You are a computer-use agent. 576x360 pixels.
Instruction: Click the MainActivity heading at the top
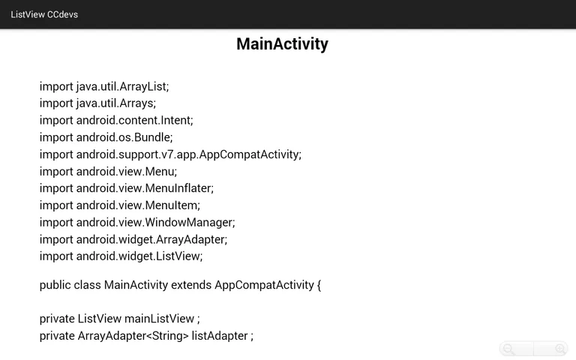coord(282,43)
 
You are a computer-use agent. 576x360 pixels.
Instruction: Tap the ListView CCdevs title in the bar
coord(44,14)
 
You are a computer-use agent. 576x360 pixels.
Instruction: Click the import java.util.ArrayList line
coord(104,86)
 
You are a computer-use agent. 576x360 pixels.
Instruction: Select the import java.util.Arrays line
coord(97,103)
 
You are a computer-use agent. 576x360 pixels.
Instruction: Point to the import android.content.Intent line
coord(116,120)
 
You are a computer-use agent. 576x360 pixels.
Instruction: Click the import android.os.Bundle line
coord(106,137)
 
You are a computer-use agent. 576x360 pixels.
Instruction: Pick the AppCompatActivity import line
coord(170,154)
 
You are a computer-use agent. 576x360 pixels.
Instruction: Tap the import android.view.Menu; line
coord(108,172)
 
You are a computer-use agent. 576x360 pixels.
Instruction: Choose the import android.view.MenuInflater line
coord(127,188)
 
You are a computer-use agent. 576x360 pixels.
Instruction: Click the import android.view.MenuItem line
coord(120,205)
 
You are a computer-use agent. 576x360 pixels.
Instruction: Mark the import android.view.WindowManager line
coord(137,223)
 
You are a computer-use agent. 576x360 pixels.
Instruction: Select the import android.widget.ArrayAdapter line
coord(133,239)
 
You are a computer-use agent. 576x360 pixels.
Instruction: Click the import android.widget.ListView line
coord(121,256)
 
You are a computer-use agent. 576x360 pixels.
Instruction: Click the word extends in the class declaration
coord(191,285)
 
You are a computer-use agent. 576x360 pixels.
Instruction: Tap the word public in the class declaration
coord(55,285)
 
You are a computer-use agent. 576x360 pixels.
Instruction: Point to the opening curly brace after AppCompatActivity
coord(319,286)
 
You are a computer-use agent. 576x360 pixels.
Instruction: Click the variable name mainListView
coord(159,319)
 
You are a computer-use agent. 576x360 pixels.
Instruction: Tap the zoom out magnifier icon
coord(509,349)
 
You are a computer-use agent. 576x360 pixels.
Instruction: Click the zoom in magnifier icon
coord(559,349)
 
